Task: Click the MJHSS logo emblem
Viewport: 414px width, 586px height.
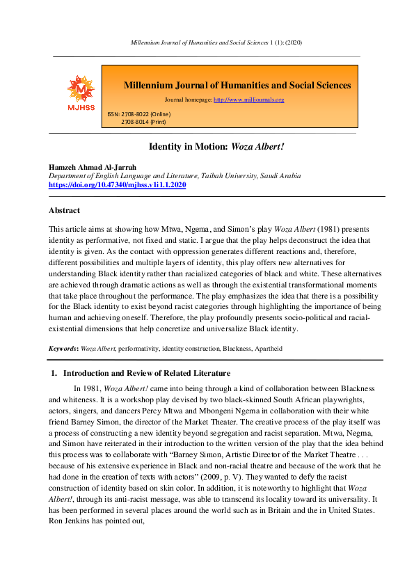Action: [80, 90]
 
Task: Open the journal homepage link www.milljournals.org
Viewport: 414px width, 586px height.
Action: [248, 100]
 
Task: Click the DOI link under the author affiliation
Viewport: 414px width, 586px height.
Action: [117, 185]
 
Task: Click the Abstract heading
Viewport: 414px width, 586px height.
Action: [64, 210]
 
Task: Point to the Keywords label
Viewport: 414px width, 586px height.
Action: [63, 347]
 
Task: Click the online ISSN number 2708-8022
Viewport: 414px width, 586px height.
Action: [138, 113]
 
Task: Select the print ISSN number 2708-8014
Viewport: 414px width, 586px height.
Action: [137, 122]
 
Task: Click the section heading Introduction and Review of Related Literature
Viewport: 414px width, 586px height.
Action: [151, 374]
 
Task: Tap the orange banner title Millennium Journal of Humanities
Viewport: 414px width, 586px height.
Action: [237, 86]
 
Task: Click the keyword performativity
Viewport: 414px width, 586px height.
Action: [141, 347]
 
